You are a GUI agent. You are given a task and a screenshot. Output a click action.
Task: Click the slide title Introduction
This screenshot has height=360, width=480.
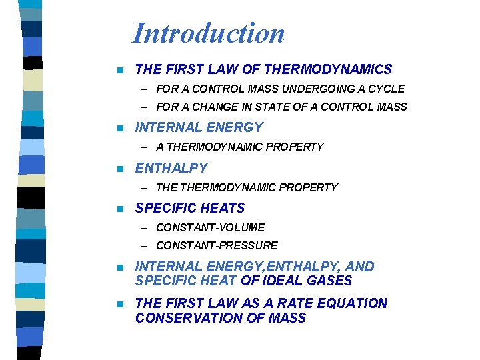coord(209,33)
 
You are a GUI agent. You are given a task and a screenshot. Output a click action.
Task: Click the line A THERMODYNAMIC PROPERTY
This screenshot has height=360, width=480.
coord(240,147)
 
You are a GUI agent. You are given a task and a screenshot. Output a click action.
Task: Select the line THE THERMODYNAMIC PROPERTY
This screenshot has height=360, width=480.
coord(247,187)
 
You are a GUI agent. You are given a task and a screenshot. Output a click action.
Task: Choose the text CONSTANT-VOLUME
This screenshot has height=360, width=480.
coord(210,227)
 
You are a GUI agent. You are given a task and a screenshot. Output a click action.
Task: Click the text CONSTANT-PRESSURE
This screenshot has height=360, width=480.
coord(217,245)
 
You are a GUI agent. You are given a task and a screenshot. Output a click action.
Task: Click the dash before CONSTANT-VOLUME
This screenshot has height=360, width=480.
coord(144,228)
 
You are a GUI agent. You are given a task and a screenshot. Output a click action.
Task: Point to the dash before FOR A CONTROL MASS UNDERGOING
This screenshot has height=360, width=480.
coord(144,89)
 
